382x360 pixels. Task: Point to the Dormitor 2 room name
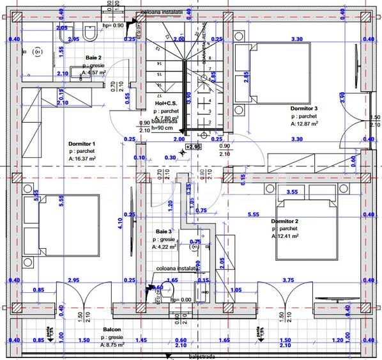(x=285, y=221)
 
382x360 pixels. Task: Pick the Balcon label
(x=112, y=331)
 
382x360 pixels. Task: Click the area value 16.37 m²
(x=83, y=159)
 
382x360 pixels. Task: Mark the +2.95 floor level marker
(x=194, y=146)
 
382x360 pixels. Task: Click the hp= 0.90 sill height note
(x=114, y=26)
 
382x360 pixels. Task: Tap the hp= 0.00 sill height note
(x=181, y=299)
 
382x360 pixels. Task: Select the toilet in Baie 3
(x=167, y=292)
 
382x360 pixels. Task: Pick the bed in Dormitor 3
(x=275, y=72)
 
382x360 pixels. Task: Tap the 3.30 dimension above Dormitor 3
(x=296, y=40)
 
